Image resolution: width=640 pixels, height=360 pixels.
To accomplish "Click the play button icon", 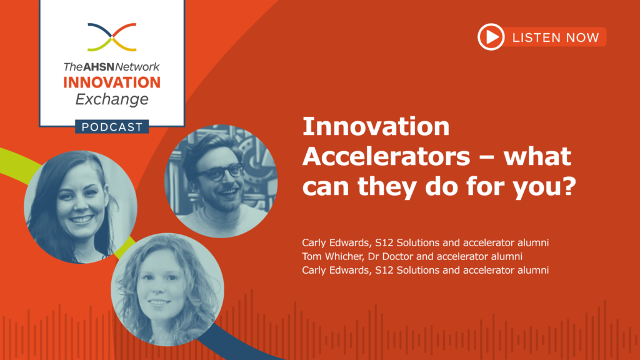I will pyautogui.click(x=491, y=37).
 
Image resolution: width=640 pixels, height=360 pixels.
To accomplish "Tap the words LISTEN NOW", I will pyautogui.click(x=556, y=37).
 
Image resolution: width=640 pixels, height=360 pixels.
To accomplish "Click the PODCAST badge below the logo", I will pyautogui.click(x=112, y=127).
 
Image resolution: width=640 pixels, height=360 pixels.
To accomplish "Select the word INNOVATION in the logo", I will pyautogui.click(x=112, y=82).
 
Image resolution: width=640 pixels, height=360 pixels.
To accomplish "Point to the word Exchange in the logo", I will pyautogui.click(x=112, y=99).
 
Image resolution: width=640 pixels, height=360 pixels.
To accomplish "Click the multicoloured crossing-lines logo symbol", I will pyautogui.click(x=112, y=37).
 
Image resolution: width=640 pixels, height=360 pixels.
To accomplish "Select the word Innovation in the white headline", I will pyautogui.click(x=376, y=127).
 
